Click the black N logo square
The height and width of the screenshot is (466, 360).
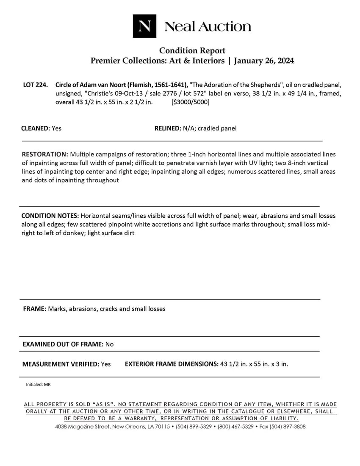click(x=144, y=26)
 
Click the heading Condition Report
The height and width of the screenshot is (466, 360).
click(x=192, y=51)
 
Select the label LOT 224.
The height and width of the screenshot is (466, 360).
click(x=35, y=85)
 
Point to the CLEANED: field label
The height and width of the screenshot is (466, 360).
click(x=36, y=128)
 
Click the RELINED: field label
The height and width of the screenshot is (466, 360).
click(x=168, y=128)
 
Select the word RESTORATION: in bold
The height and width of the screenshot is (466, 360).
click(x=45, y=154)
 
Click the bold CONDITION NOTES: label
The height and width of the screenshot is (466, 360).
click(x=50, y=216)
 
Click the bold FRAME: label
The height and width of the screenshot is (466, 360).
click(x=34, y=309)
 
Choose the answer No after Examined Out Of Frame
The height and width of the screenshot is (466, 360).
click(x=109, y=344)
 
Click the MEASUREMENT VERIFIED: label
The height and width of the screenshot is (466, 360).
click(x=61, y=364)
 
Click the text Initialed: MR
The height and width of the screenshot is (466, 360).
click(x=38, y=385)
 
